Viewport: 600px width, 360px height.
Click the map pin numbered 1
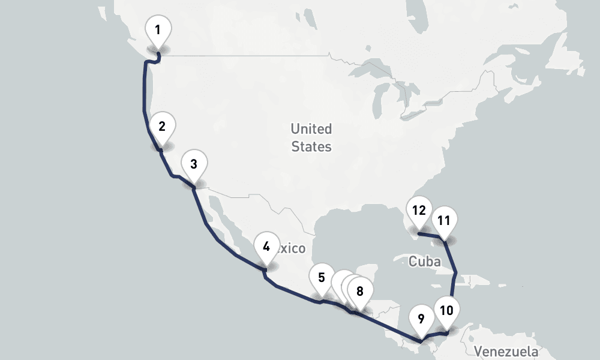pos(158,30)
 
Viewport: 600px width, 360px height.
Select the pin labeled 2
pos(162,127)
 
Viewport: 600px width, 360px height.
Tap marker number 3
pos(193,164)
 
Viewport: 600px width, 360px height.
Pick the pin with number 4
pos(266,247)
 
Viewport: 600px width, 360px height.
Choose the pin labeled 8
pos(360,292)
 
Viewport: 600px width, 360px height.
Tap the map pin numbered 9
pos(421,319)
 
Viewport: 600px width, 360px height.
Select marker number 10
pos(446,311)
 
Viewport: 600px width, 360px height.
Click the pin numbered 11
pos(444,221)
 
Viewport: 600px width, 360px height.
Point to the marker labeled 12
pos(419,211)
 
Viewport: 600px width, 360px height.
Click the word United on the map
pos(311,129)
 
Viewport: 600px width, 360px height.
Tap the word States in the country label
pos(311,147)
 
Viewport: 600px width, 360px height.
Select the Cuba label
pos(424,262)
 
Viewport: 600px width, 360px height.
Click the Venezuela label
pos(506,351)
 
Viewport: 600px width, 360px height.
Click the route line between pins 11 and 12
pos(431,235)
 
